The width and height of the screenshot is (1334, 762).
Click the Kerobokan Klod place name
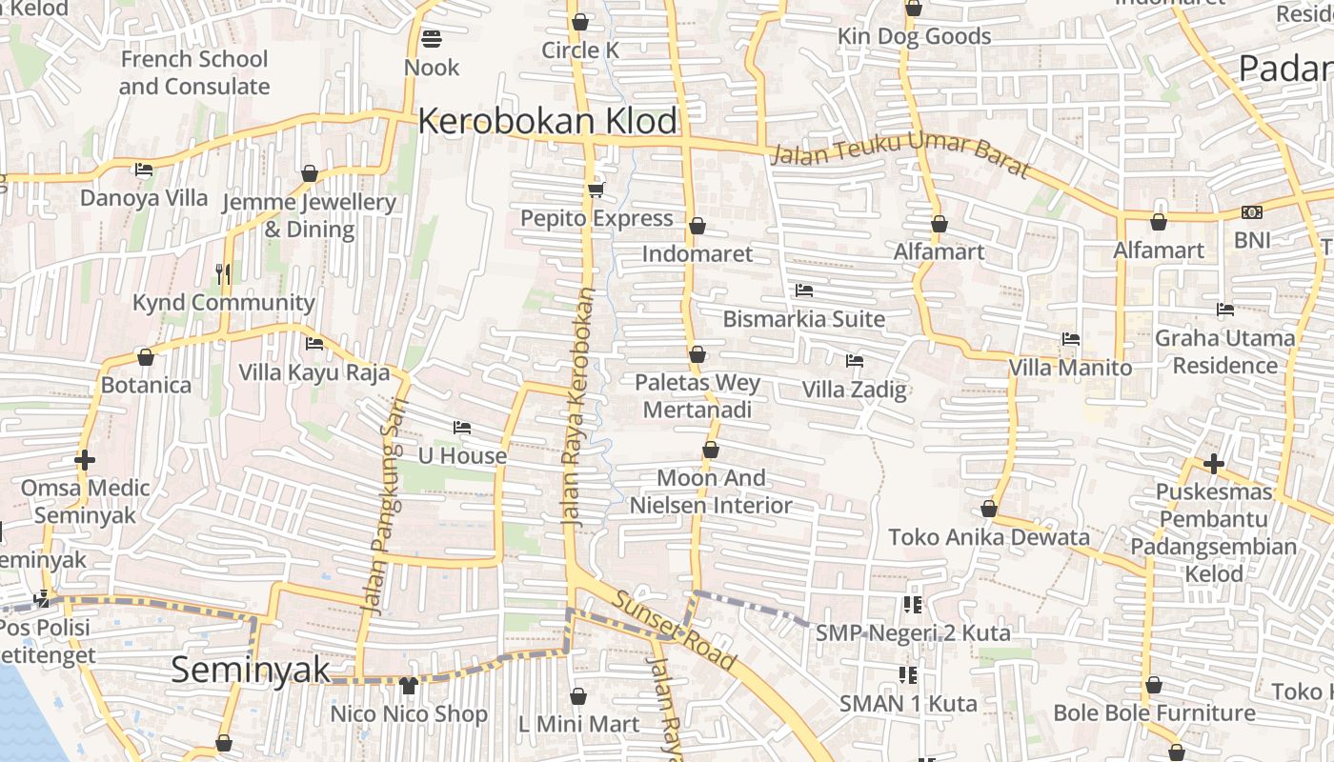547,122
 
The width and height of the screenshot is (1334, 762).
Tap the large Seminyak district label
251,670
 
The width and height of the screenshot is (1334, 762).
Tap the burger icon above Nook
432,39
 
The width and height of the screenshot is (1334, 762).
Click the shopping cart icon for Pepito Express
596,190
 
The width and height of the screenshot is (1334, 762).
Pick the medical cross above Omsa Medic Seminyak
85,461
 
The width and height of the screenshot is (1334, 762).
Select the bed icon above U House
462,428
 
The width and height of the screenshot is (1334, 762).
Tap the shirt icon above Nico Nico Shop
409,685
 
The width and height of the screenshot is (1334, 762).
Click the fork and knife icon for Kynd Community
223,274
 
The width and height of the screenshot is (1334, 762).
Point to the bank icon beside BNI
1252,212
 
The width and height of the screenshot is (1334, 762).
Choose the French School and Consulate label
194,72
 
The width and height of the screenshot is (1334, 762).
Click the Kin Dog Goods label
914,37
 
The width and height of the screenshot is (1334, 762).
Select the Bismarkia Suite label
803,319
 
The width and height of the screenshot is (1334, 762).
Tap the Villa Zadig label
854,390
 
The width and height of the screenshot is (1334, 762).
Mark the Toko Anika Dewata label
988,537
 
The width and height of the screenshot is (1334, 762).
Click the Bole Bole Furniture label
1153,713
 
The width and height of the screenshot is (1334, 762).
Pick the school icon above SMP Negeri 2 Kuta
912,604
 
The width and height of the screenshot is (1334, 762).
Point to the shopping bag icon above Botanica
146,357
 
